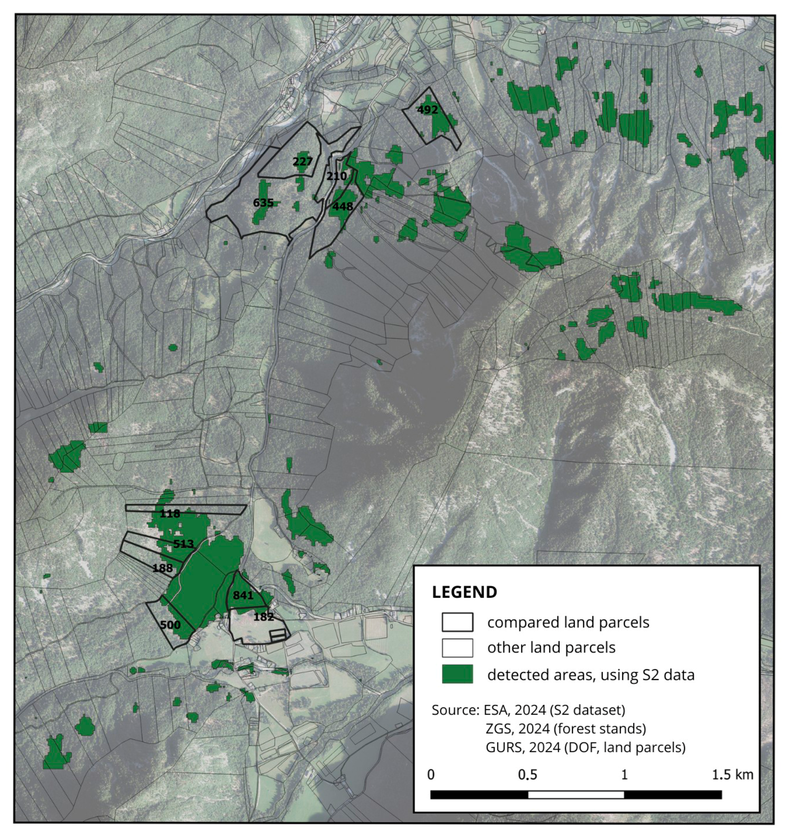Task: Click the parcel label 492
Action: click(x=427, y=110)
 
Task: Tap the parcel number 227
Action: click(x=303, y=161)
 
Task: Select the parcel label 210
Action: click(x=336, y=176)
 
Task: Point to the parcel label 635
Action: click(x=263, y=203)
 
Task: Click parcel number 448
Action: click(x=342, y=206)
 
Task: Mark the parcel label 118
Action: click(x=170, y=513)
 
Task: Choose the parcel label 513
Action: click(x=183, y=544)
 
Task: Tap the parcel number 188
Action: click(x=163, y=568)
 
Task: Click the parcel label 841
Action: click(x=243, y=595)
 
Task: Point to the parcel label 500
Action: click(x=170, y=625)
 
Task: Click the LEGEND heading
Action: click(x=464, y=592)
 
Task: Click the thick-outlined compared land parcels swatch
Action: click(x=457, y=622)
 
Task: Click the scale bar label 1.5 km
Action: click(x=732, y=775)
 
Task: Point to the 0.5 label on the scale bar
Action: click(x=528, y=775)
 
